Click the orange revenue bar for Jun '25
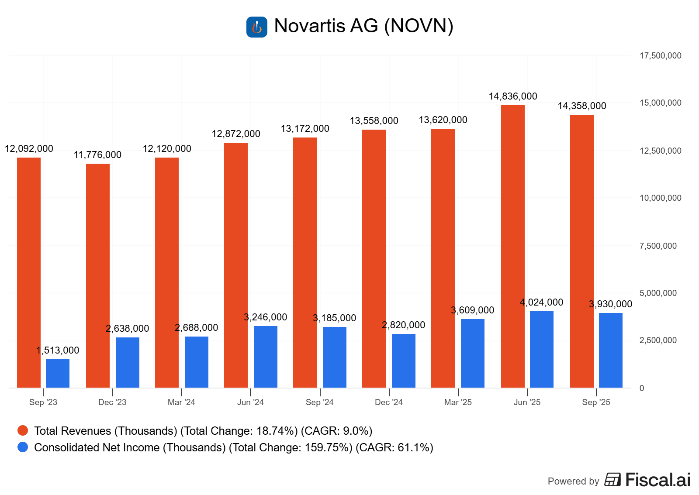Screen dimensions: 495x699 click(512, 247)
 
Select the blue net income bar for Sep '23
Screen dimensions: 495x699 click(58, 373)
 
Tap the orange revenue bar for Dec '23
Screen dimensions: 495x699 click(98, 275)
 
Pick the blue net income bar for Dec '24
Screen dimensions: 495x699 click(403, 361)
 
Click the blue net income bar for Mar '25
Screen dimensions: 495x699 click(472, 353)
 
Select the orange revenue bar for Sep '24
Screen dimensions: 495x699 click(305, 262)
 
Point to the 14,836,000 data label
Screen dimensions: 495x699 click(512, 96)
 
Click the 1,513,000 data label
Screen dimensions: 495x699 click(58, 351)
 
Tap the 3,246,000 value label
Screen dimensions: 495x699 click(265, 317)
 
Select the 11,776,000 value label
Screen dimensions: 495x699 click(97, 155)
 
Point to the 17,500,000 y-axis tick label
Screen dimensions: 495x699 click(660, 56)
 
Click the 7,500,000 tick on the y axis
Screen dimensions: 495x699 click(658, 246)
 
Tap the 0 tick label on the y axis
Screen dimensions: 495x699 click(641, 388)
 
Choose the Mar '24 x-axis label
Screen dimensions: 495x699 click(181, 402)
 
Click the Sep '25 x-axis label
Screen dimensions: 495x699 click(596, 402)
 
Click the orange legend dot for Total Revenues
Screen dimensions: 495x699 click(23, 431)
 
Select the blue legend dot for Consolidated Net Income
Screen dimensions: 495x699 click(23, 447)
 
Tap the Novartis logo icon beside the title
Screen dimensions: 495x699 click(257, 27)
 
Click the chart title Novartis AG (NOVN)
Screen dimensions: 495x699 click(363, 26)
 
